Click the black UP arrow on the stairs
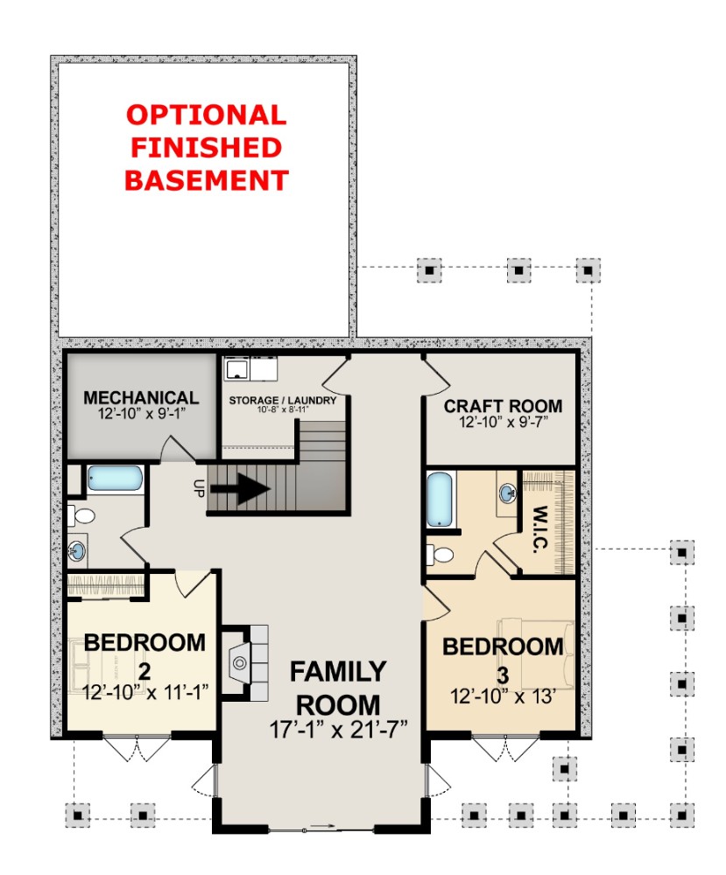pyautogui.click(x=240, y=489)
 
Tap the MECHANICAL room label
pyautogui.click(x=141, y=397)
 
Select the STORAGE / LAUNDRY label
pyautogui.click(x=283, y=400)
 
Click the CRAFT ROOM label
pyautogui.click(x=503, y=406)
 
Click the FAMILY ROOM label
pyautogui.click(x=338, y=688)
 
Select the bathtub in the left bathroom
pyautogui.click(x=115, y=479)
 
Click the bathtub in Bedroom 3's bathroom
pyautogui.click(x=439, y=500)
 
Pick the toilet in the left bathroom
pyautogui.click(x=81, y=515)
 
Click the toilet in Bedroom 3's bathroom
pyautogui.click(x=441, y=555)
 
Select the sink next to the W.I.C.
pyautogui.click(x=507, y=493)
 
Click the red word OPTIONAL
pyautogui.click(x=206, y=115)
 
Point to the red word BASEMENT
pyautogui.click(x=206, y=180)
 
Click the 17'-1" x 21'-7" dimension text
pyautogui.click(x=338, y=730)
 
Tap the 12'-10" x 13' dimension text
pyautogui.click(x=503, y=696)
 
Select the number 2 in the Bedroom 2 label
pyautogui.click(x=144, y=671)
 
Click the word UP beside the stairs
pyautogui.click(x=198, y=487)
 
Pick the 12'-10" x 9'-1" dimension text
pyautogui.click(x=141, y=414)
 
